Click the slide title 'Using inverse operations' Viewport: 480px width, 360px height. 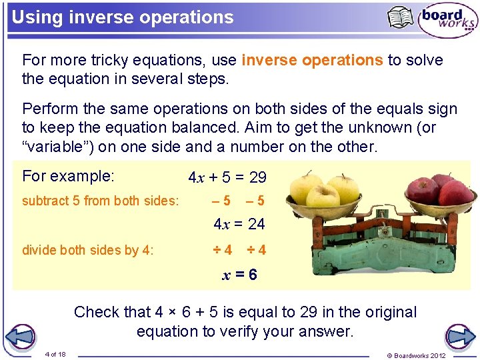123,17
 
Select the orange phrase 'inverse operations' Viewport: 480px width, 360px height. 312,60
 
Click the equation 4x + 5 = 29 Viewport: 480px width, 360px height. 227,177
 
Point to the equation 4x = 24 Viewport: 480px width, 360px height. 239,224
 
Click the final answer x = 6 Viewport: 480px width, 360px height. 239,275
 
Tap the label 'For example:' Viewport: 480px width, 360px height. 69,176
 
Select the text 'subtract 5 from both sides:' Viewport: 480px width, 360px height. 101,200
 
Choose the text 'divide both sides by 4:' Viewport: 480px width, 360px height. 88,250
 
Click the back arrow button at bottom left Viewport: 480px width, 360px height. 22,336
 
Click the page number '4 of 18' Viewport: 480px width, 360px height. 55,354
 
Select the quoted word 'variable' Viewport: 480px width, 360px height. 63,147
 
